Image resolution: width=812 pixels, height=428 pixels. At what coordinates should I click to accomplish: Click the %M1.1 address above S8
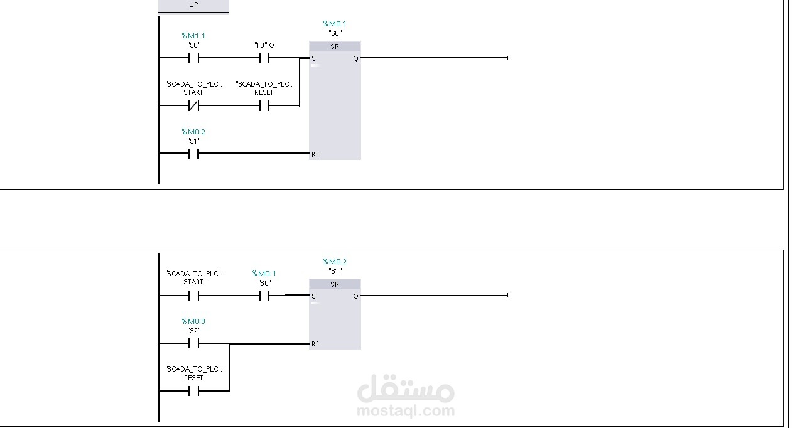point(193,36)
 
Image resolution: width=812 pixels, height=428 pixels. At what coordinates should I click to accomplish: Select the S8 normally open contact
point(193,58)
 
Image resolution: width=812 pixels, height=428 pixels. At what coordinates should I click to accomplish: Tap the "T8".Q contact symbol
point(264,58)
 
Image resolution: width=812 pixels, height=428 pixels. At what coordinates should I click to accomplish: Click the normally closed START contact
point(193,106)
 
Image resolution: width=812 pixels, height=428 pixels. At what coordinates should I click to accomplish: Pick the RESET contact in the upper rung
point(264,106)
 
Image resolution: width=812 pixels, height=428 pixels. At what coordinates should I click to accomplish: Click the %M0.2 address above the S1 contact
point(193,132)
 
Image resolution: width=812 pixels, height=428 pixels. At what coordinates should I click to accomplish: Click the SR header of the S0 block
point(335,46)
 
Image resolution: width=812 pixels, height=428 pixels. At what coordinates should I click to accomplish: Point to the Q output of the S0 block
point(355,58)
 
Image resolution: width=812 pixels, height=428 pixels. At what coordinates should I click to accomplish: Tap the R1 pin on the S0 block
point(315,154)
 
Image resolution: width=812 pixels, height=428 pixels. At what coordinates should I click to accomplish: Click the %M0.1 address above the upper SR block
point(335,24)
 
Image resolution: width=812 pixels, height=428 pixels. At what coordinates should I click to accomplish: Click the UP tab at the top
point(193,5)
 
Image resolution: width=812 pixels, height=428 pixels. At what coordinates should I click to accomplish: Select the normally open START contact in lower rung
point(193,296)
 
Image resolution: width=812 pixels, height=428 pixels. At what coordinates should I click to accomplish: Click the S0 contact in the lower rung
point(264,296)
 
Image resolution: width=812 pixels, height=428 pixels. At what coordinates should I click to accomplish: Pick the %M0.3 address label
point(193,321)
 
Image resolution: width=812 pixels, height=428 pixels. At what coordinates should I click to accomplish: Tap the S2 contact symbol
point(193,344)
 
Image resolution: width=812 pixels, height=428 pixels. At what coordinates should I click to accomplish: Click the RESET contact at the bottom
point(193,392)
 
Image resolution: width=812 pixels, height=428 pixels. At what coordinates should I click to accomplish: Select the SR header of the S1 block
point(335,284)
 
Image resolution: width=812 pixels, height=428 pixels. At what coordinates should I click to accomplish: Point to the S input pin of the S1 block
point(314,296)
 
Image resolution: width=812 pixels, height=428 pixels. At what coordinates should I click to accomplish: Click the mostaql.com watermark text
point(405,411)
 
